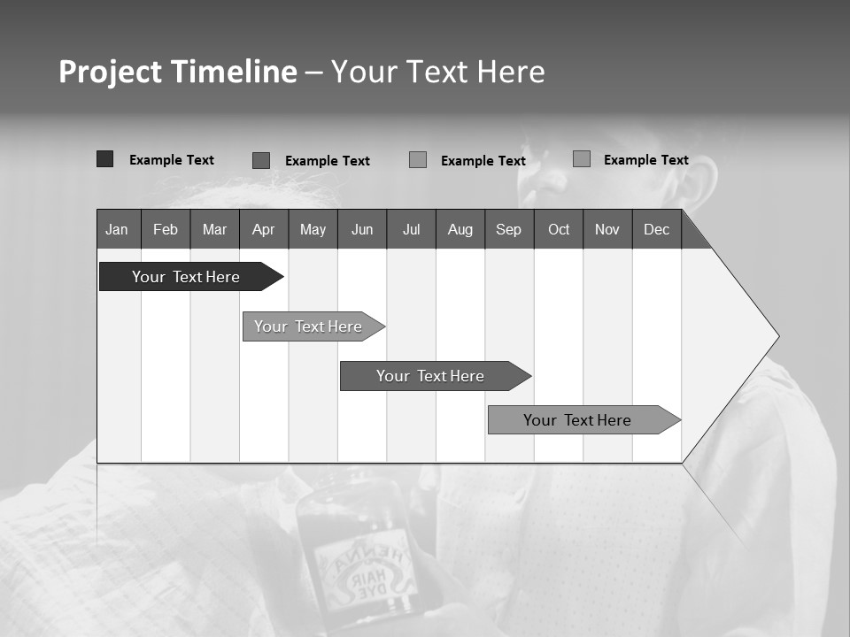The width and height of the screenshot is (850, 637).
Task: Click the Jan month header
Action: (x=118, y=229)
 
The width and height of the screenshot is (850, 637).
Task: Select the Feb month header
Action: (x=166, y=229)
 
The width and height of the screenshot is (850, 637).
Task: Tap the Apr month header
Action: (x=263, y=229)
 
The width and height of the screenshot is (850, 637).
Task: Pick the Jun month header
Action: (x=362, y=229)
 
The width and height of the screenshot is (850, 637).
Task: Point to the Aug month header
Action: (x=460, y=229)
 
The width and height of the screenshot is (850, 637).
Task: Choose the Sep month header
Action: (x=508, y=229)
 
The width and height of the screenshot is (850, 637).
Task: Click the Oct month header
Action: (x=559, y=229)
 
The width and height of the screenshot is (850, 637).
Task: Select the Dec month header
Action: (x=656, y=229)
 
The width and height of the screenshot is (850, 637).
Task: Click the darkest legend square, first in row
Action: (x=104, y=159)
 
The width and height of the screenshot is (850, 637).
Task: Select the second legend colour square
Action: (x=261, y=160)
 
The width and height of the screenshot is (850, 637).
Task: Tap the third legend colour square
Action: (x=418, y=159)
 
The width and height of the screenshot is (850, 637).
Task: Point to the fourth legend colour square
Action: (x=581, y=158)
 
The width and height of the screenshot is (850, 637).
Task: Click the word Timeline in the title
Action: (x=233, y=72)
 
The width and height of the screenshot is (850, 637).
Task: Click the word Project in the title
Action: (x=111, y=72)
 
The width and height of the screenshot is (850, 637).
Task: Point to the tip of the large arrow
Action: (x=777, y=335)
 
